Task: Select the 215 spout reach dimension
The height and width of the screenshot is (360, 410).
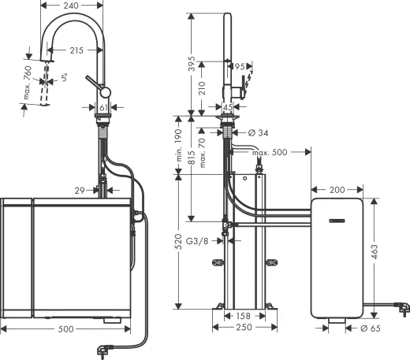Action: point(75,50)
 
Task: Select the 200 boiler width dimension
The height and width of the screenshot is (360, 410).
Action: point(337,190)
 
